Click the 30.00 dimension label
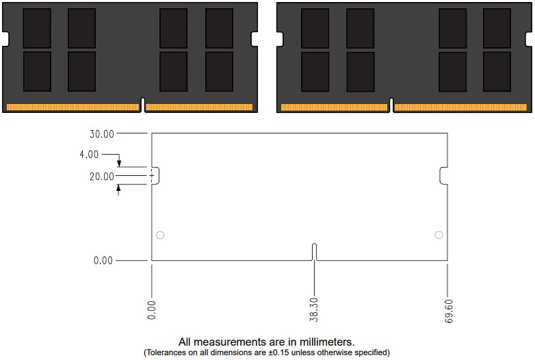(103, 133)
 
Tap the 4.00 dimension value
(89, 155)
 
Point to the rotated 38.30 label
(314, 309)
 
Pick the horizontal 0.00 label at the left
(103, 261)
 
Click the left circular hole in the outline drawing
(160, 235)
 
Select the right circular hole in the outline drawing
(439, 235)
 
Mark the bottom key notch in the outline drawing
(314, 251)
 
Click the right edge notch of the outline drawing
(444, 176)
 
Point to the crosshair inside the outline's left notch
(152, 176)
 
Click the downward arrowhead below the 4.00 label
(118, 163)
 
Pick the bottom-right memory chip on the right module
(497, 71)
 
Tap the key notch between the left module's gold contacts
(142, 106)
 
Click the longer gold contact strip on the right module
(460, 108)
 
